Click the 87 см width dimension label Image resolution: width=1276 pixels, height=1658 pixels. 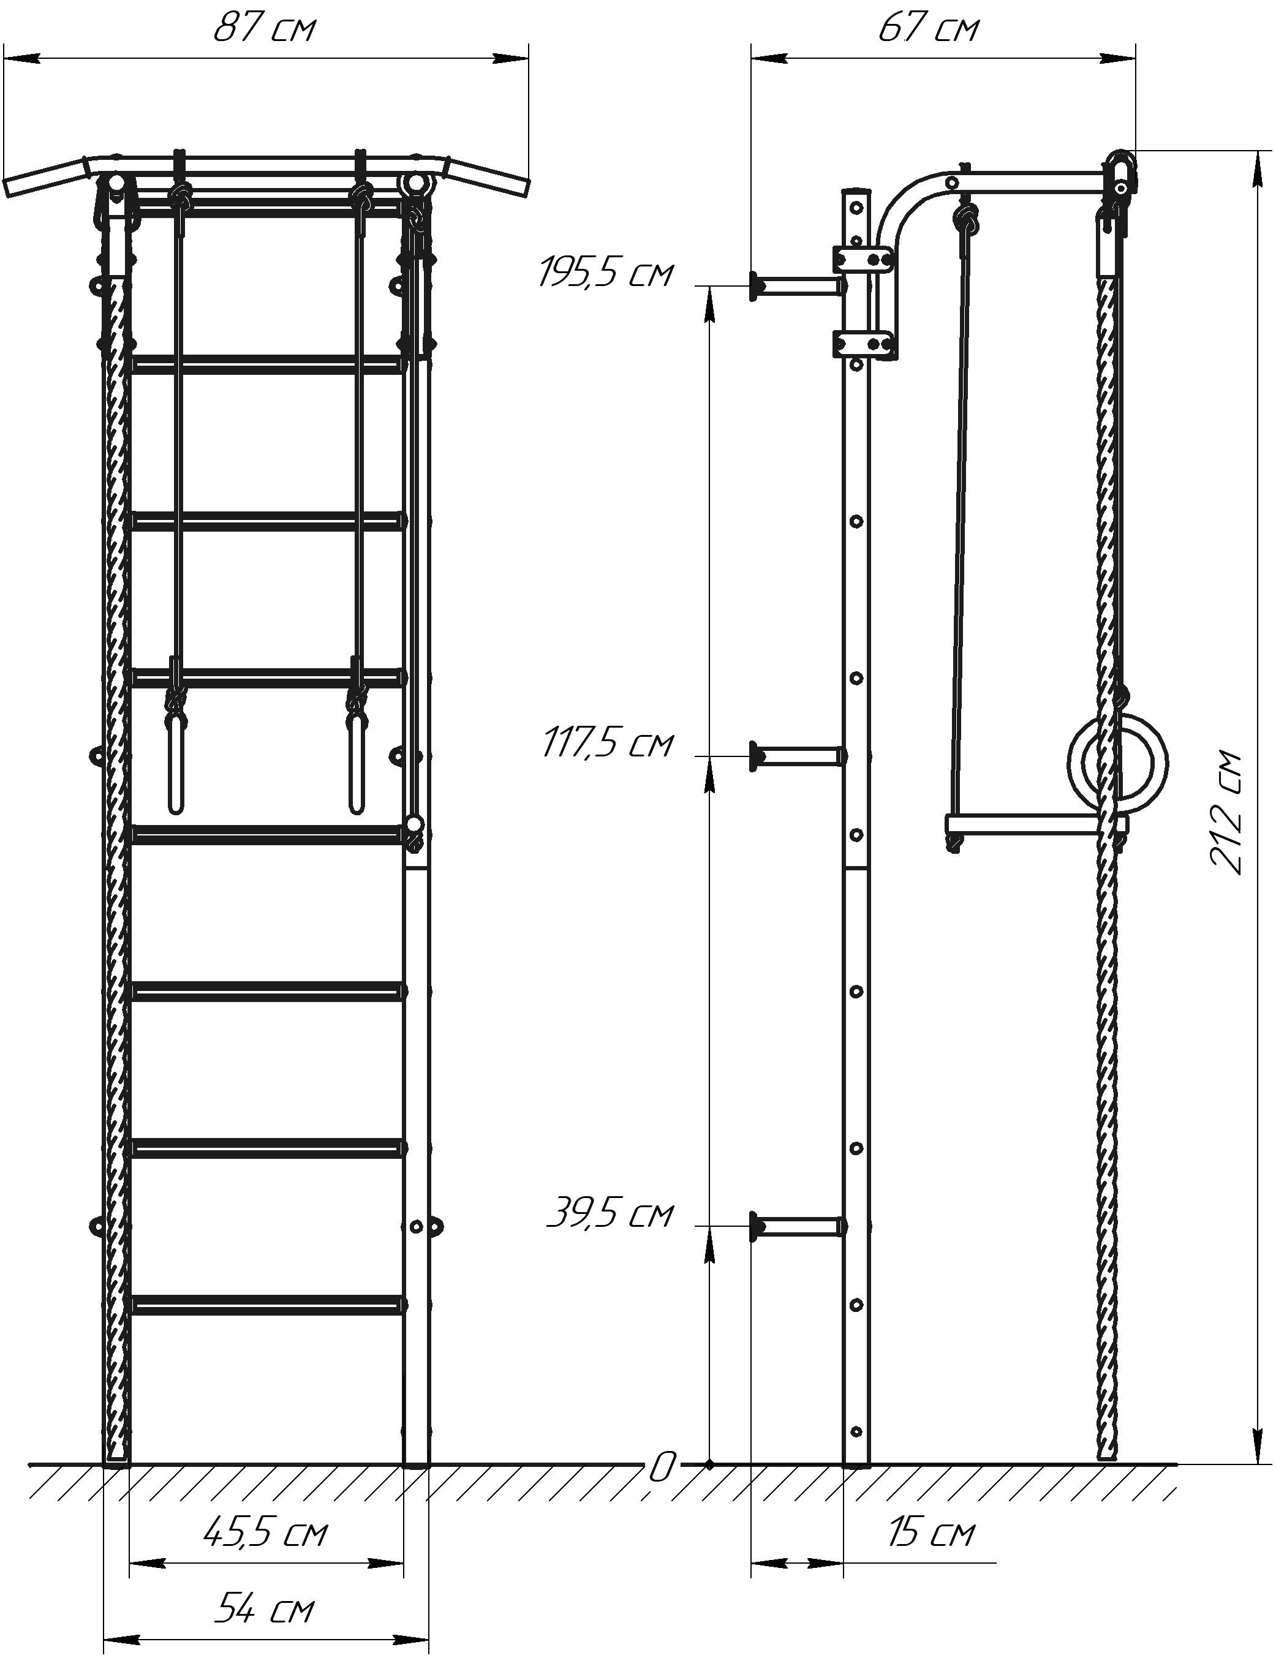click(263, 29)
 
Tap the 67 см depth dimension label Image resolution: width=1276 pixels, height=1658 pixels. click(928, 29)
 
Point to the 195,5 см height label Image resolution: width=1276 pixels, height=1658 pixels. click(605, 273)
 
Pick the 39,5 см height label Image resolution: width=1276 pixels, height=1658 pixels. click(610, 1213)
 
